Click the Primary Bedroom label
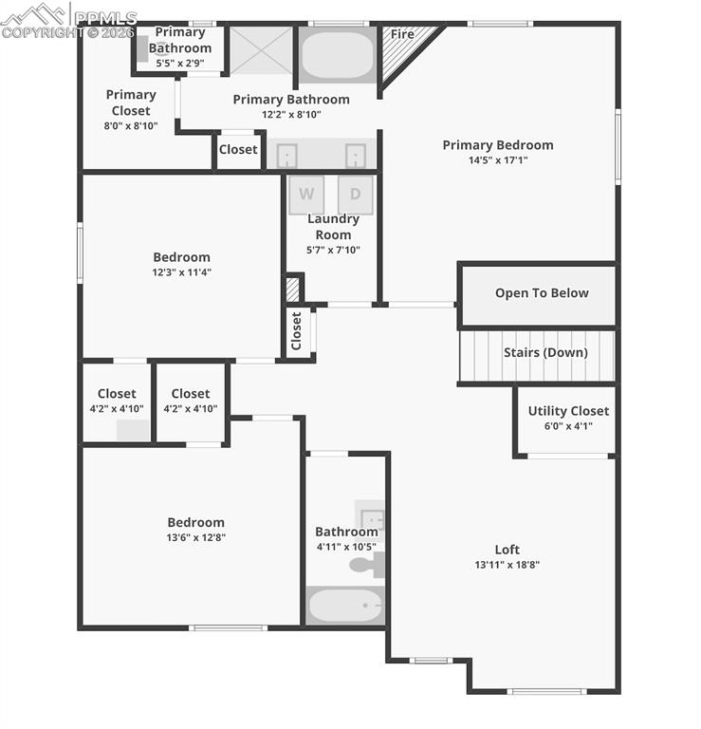pos(497,145)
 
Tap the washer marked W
pos(306,195)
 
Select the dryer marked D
pos(356,195)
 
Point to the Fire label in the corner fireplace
pos(402,34)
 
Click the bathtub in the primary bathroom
pos(338,55)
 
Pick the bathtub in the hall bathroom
pos(345,605)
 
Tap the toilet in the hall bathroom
pos(364,565)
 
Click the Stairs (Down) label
pos(545,352)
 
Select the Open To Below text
pos(542,293)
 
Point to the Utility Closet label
pos(568,411)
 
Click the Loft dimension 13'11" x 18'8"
pos(507,565)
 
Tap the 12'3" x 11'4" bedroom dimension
pos(182,272)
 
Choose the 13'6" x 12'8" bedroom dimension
pos(196,537)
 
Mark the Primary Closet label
pos(131,103)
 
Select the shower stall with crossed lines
pos(260,49)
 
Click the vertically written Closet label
pos(297,331)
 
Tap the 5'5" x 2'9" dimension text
pos(180,64)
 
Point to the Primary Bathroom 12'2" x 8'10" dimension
pos(291,115)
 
